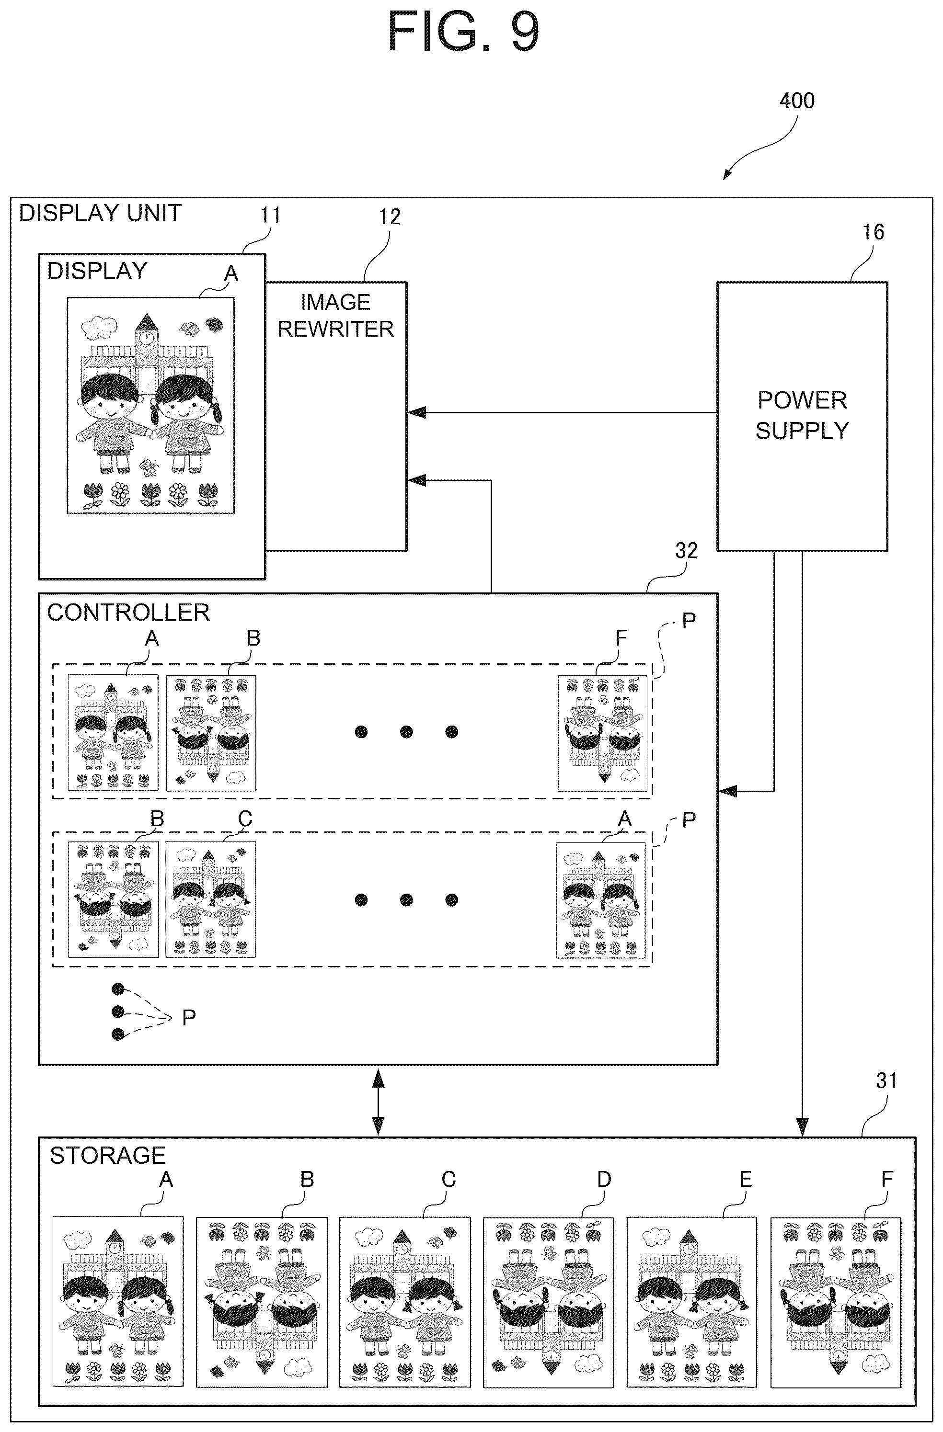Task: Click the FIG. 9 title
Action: click(463, 31)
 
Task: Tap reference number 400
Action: click(797, 101)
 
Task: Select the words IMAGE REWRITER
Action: click(335, 315)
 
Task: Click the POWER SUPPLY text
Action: click(802, 415)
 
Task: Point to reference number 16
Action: click(873, 232)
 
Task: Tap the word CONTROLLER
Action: click(128, 613)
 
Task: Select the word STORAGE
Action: click(108, 1155)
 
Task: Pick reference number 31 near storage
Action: click(886, 1080)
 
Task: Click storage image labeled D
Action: click(548, 1301)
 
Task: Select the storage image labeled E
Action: click(692, 1301)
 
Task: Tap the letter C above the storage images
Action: click(449, 1179)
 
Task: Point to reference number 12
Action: click(390, 216)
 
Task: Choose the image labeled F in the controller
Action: click(603, 733)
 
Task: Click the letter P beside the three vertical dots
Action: click(189, 1017)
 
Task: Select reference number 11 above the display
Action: click(270, 215)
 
